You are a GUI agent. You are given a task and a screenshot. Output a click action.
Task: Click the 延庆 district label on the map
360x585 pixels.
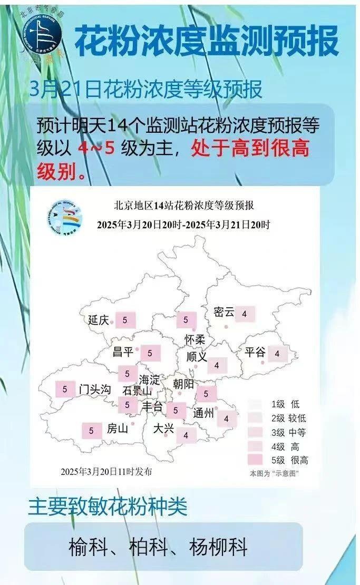pos(98,320)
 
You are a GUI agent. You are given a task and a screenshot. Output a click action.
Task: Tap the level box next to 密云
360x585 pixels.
pos(245,314)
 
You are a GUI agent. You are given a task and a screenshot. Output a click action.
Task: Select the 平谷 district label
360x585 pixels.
pos(255,353)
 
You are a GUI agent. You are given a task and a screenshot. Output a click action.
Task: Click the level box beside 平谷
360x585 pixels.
pos(277,354)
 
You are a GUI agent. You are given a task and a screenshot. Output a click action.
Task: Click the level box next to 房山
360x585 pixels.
pos(91,431)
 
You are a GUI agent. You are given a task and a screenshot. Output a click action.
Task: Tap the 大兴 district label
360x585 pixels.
pos(163,429)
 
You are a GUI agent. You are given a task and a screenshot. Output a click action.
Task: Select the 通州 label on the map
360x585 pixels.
pos(203,414)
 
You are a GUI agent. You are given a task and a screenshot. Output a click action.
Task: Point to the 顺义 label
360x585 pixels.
pos(197,357)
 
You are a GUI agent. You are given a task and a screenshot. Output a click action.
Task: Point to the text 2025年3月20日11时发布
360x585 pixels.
pos(106,471)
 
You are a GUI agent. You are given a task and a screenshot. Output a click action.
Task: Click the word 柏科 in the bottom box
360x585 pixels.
pos(158,548)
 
